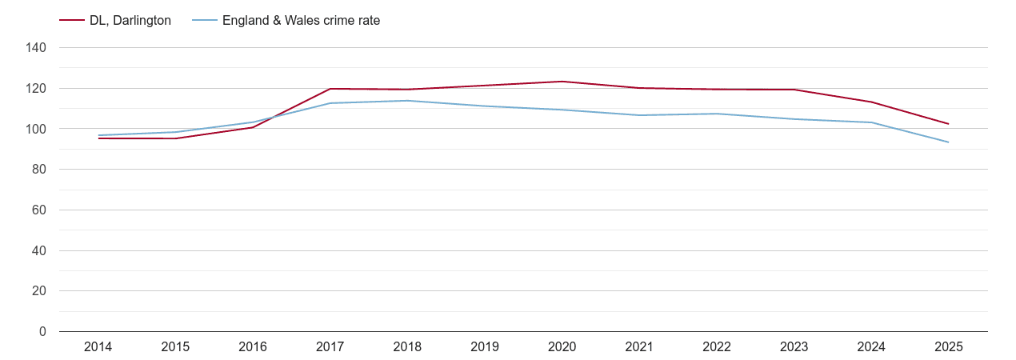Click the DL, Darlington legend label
pos(130,21)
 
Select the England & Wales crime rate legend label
pos(301,21)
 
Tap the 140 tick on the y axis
pos(37,48)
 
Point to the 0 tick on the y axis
pos(42,332)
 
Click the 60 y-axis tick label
pos(39,210)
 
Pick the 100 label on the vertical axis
pos(37,129)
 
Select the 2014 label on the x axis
pos(98,347)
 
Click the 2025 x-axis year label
pos(948,347)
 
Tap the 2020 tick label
pos(562,347)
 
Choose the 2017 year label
pos(330,347)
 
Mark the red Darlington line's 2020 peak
pos(562,82)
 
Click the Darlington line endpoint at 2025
pos(948,124)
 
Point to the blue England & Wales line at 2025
pos(948,142)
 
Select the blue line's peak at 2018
pos(407,101)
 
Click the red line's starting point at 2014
pos(98,138)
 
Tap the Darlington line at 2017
pos(330,89)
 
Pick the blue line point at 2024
pos(871,122)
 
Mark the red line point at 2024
pos(871,102)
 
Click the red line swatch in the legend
pos(72,21)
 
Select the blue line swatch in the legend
pos(205,21)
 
